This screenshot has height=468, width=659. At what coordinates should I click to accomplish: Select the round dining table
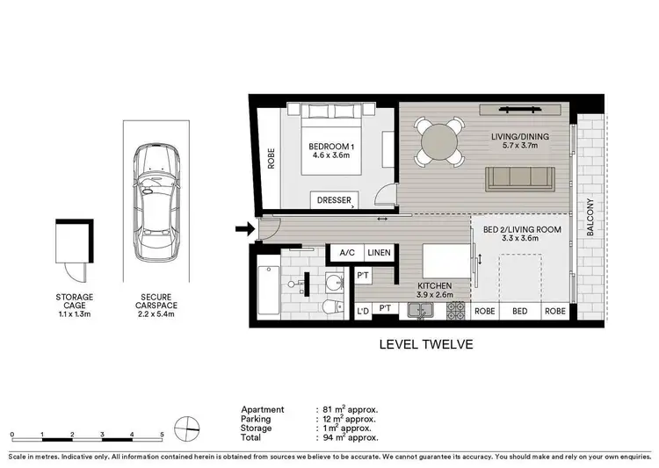point(439,142)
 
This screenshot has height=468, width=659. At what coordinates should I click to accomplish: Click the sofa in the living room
point(520,178)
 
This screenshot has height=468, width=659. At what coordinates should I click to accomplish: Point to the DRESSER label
point(333,201)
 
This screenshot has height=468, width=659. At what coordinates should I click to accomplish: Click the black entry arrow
point(243,230)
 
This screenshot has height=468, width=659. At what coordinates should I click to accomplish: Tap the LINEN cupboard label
point(379,252)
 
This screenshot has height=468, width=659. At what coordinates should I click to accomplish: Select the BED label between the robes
point(521,312)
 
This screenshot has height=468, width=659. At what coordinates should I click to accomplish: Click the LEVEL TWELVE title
point(425,345)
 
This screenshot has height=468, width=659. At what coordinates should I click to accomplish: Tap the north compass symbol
point(187,429)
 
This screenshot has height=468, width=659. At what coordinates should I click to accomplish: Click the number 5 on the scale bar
point(162,434)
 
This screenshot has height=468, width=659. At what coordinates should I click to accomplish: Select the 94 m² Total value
point(348,436)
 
